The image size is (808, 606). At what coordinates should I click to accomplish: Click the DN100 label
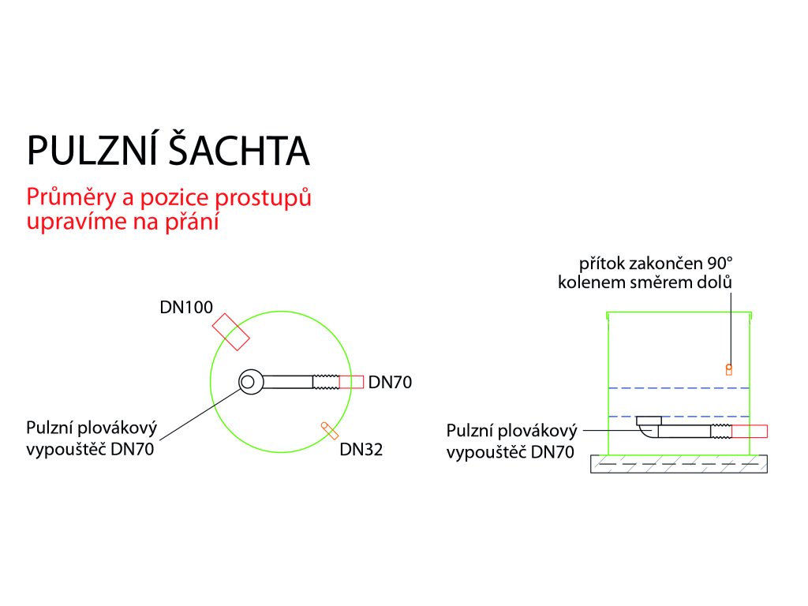pyautogui.click(x=185, y=307)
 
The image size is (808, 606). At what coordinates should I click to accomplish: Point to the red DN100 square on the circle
pyautogui.click(x=231, y=331)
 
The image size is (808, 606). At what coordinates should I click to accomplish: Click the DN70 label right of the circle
pyautogui.click(x=391, y=383)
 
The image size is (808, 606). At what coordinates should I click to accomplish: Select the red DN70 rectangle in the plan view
pyautogui.click(x=351, y=382)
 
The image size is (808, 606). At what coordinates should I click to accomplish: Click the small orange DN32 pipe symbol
pyautogui.click(x=330, y=431)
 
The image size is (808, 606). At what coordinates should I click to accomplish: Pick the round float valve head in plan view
pyautogui.click(x=249, y=382)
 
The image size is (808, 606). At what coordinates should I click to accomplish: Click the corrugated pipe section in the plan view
pyautogui.click(x=326, y=382)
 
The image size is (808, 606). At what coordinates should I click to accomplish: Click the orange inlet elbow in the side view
pyautogui.click(x=729, y=368)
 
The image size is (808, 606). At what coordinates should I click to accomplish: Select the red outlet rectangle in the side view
pyautogui.click(x=749, y=431)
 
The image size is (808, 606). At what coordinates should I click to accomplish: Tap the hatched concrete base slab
pyautogui.click(x=679, y=464)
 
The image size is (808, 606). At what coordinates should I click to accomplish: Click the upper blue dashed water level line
pyautogui.click(x=679, y=388)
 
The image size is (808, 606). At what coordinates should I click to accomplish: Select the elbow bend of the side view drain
pyautogui.click(x=648, y=431)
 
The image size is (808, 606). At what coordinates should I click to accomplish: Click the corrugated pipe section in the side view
pyautogui.click(x=720, y=431)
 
